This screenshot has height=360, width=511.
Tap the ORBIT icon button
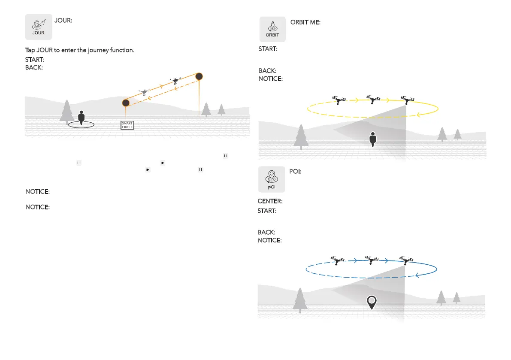(x=272, y=29)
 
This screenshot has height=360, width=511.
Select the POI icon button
(x=271, y=179)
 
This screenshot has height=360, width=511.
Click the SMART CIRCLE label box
(x=127, y=125)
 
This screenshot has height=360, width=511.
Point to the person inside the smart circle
(x=82, y=118)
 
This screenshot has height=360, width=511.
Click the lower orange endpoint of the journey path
(x=126, y=103)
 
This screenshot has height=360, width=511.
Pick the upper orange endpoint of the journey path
(x=199, y=77)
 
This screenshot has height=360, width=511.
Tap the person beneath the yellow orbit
(x=373, y=139)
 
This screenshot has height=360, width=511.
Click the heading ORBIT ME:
(x=305, y=22)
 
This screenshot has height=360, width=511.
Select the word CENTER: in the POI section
(x=269, y=201)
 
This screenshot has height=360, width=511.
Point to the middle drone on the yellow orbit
(x=373, y=100)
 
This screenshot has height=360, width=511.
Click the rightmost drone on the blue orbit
(x=405, y=260)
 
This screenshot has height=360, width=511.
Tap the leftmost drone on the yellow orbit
(x=339, y=100)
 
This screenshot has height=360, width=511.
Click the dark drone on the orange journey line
(x=175, y=81)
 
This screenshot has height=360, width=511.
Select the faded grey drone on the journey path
(x=144, y=92)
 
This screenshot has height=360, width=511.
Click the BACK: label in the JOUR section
(x=34, y=68)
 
